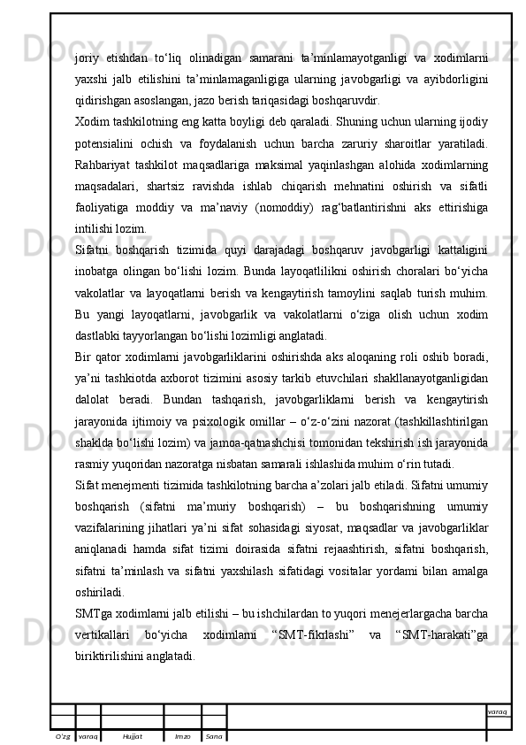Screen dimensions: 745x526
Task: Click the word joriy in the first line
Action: (87, 58)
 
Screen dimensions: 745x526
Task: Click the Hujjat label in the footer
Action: (133, 736)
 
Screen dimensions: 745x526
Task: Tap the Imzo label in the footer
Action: (182, 736)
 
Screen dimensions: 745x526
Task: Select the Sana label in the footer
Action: (213, 736)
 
